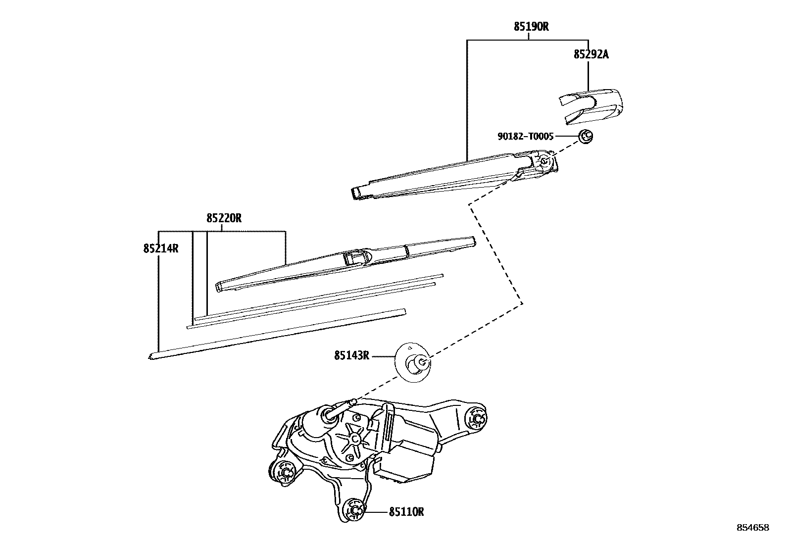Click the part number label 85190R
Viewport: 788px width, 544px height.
click(x=531, y=27)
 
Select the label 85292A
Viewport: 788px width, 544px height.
click(x=591, y=54)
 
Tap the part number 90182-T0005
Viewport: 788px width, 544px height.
click(x=525, y=136)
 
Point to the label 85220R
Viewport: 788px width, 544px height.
click(x=224, y=218)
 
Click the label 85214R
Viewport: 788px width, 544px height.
click(x=161, y=248)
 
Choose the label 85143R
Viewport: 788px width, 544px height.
click(x=351, y=355)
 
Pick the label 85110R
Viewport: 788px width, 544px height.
click(x=406, y=512)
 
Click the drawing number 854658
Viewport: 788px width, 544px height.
click(x=753, y=528)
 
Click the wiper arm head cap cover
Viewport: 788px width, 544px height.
click(x=590, y=104)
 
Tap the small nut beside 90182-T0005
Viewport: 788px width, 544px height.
click(x=586, y=135)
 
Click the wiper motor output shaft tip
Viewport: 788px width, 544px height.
click(x=353, y=401)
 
